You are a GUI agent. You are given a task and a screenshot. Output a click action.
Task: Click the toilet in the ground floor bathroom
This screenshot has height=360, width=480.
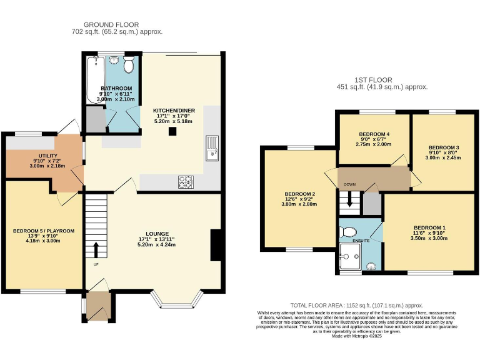pos(129,65)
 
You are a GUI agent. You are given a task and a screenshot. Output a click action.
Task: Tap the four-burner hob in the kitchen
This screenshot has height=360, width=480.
pos(186,182)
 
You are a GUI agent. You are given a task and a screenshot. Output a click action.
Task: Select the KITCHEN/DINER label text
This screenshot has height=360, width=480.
pos(174,111)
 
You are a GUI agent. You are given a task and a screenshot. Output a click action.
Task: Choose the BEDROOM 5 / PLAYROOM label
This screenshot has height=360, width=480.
pos(44,231)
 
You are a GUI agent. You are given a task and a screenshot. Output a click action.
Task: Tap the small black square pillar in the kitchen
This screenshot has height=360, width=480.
pos(171,131)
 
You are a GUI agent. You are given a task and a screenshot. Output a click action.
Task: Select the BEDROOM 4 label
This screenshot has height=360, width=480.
pos(374,134)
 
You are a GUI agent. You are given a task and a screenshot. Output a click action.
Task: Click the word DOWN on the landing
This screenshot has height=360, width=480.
pos(350,184)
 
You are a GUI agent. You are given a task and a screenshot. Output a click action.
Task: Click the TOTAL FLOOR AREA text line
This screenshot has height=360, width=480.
pos(361,304)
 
